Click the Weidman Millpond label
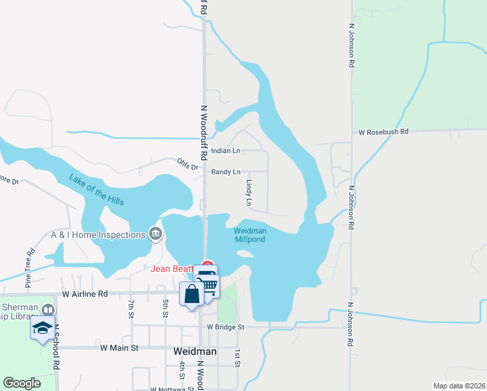click(x=249, y=235)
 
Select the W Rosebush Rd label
click(x=383, y=132)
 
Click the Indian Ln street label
click(x=226, y=151)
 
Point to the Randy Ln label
click(x=226, y=172)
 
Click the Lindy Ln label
click(x=248, y=194)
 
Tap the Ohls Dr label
click(x=187, y=164)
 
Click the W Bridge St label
click(x=225, y=326)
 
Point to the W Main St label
click(x=119, y=348)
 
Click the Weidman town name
click(x=195, y=351)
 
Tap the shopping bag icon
click(x=192, y=295)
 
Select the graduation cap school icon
click(x=42, y=327)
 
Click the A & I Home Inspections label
click(x=98, y=235)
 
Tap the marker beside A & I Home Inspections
click(x=155, y=233)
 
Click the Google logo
click(x=22, y=383)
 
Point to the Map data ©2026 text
click(x=458, y=386)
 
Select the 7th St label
click(x=131, y=304)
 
